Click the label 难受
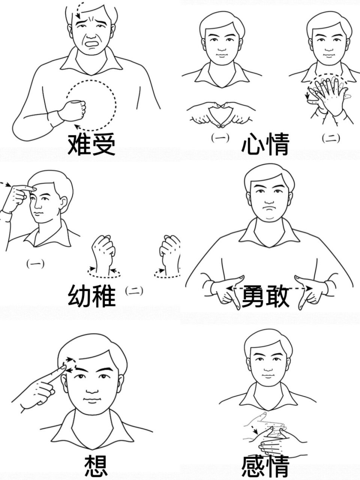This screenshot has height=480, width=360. click(x=91, y=144)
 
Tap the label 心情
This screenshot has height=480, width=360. click(x=265, y=145)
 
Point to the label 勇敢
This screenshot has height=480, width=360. click(x=265, y=296)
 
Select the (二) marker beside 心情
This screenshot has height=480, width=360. click(x=331, y=138)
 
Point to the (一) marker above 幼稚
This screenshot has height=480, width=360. click(x=35, y=264)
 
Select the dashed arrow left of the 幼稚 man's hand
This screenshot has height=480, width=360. click(x=4, y=184)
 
